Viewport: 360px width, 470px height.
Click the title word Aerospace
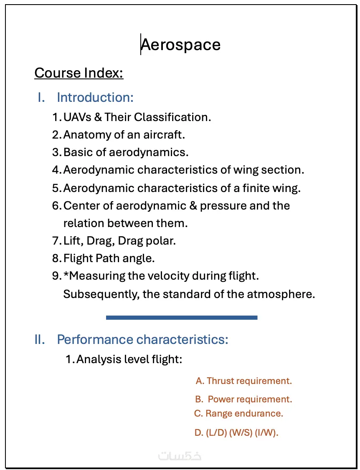pyautogui.click(x=180, y=45)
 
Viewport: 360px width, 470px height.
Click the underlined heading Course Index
pyautogui.click(x=79, y=73)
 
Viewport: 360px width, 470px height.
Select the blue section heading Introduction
pyautogui.click(x=95, y=97)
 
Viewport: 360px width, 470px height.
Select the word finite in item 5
pyautogui.click(x=256, y=188)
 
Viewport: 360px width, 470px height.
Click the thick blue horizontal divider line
pyautogui.click(x=182, y=318)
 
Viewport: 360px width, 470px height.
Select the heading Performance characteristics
pyautogui.click(x=142, y=339)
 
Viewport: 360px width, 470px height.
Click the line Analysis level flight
pyautogui.click(x=129, y=359)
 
